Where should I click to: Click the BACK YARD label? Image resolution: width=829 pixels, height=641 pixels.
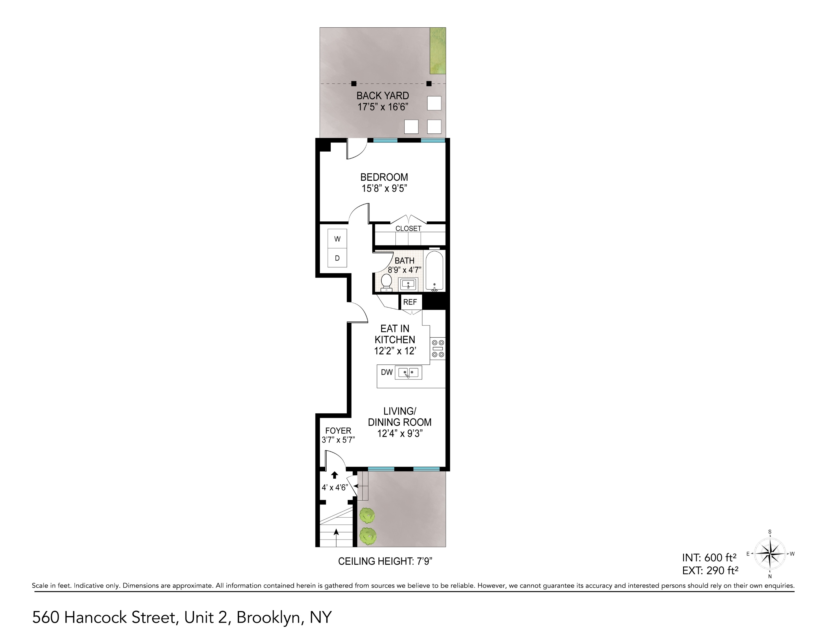383,96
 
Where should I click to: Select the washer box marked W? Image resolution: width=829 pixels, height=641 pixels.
337,239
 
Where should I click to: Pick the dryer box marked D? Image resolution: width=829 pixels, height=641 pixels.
337,258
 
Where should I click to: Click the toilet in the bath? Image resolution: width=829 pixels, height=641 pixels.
386,283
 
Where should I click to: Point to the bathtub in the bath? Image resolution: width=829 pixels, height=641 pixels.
434,271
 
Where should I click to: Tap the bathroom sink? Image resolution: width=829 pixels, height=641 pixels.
408,284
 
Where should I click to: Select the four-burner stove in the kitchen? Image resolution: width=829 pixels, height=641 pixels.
438,348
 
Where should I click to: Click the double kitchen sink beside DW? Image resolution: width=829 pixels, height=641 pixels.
408,372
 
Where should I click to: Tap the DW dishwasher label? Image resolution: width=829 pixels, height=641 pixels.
386,372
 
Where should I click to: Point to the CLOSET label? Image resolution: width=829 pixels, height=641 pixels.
408,229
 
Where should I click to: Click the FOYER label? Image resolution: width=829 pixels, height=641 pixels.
338,431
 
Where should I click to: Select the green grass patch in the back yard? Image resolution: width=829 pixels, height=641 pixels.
438,50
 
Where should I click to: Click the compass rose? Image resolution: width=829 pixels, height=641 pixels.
770,554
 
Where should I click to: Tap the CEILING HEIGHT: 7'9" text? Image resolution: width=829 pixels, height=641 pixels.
385,561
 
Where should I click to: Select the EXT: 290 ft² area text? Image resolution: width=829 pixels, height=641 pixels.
710,570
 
